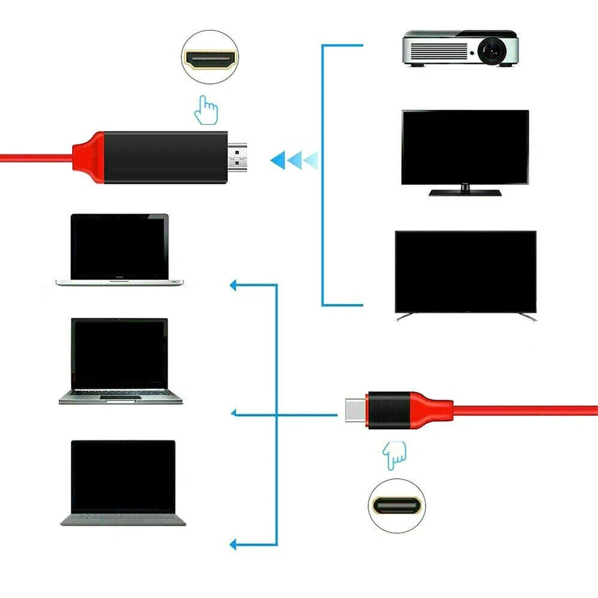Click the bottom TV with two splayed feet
point(465,272)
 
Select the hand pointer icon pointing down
point(394,456)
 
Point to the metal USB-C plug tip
point(354,410)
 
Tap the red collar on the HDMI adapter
point(87,157)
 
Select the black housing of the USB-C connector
point(388,410)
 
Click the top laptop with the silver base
point(120,249)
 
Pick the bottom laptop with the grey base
point(123,482)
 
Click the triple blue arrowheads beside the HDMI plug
point(293,159)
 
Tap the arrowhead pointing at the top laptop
point(234,285)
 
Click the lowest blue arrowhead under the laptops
point(234,545)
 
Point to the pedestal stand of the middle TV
point(465,191)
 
